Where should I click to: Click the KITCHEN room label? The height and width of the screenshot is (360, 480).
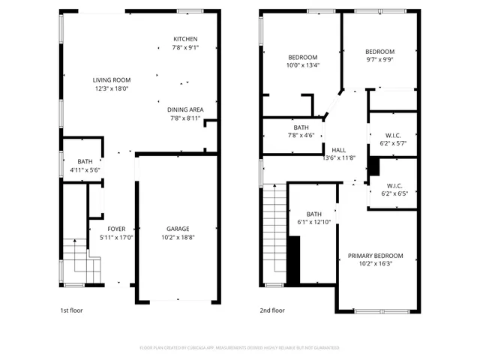184,40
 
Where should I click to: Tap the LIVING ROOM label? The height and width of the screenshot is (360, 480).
112,80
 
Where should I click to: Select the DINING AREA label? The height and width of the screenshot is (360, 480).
184,109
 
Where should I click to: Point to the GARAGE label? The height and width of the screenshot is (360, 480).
178,229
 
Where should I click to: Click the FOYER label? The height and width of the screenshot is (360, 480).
116,229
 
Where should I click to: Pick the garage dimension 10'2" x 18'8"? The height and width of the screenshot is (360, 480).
178,238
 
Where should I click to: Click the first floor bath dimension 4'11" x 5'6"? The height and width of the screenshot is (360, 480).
85,170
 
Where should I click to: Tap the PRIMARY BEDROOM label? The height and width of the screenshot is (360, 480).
375,256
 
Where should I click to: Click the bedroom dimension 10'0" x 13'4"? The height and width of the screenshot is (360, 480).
303,65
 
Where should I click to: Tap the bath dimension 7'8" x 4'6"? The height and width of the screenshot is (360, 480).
301,136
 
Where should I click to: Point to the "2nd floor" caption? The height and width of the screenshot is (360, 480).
272,310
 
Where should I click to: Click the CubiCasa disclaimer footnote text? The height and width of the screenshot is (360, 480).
239,348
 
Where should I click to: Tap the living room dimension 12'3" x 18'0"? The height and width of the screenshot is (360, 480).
112,88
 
